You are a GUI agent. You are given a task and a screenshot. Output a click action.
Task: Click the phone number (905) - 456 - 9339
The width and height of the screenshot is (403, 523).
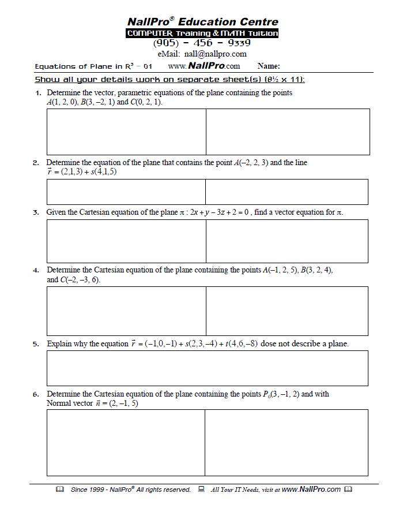202,43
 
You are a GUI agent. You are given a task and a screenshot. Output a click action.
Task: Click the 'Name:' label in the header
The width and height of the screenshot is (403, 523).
269,66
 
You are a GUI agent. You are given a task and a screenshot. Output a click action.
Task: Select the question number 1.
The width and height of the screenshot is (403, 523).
38,93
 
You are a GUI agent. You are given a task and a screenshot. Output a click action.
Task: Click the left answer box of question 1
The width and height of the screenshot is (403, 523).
126,132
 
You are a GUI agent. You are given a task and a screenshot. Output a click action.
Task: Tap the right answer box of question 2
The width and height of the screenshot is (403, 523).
287,192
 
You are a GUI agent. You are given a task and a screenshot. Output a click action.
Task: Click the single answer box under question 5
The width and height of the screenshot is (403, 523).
207,368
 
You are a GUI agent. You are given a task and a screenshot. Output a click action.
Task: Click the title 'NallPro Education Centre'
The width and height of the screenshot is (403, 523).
202,22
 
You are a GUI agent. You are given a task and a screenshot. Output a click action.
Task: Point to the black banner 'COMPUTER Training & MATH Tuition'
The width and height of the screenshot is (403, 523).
202,33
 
